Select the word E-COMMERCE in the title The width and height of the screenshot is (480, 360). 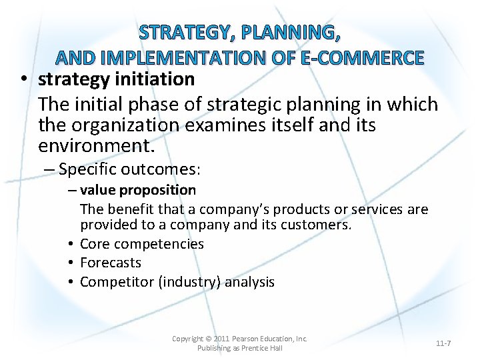[x=362, y=58]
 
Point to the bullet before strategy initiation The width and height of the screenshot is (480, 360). [x=24, y=80]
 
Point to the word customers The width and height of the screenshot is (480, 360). [x=318, y=225]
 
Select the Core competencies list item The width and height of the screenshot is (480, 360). [x=141, y=244]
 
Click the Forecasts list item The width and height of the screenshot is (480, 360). [x=111, y=263]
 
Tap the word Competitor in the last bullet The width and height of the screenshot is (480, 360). [x=117, y=282]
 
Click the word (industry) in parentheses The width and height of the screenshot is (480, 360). [x=189, y=282]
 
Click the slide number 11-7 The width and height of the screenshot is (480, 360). [x=443, y=343]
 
